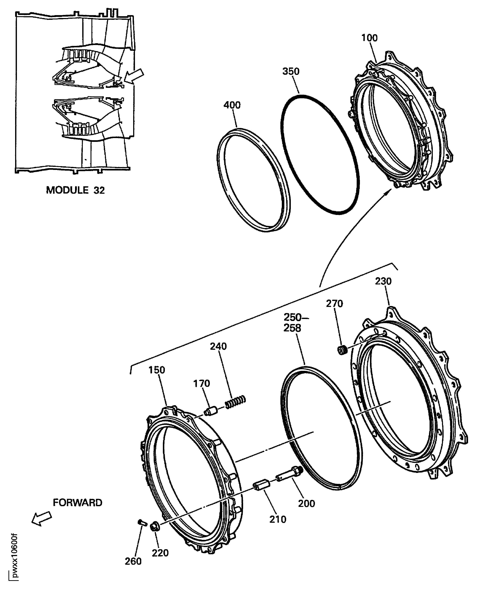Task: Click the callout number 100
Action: coord(369,38)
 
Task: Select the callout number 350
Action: coord(291,71)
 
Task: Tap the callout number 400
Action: coord(232,105)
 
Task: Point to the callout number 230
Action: coord(383,281)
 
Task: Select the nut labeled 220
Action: coord(154,527)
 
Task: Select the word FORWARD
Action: coord(78,503)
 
